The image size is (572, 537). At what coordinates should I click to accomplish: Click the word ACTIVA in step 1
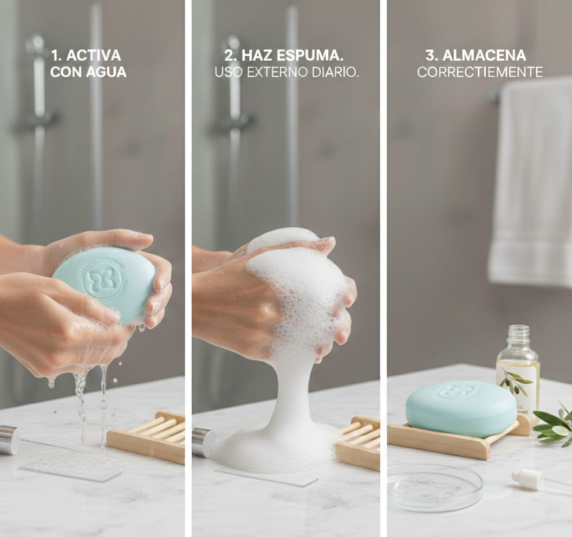point(93,55)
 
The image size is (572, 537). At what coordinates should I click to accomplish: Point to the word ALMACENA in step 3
point(484,55)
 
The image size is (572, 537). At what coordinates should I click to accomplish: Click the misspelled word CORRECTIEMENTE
point(480,72)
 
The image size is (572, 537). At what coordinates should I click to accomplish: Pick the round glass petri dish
point(435,487)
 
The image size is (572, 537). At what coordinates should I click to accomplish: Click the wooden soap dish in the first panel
point(146,437)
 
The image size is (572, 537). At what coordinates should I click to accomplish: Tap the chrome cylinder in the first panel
point(9,440)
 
